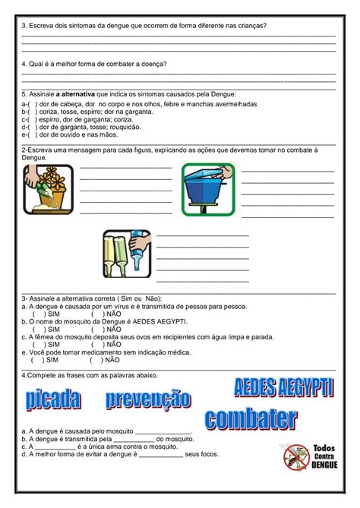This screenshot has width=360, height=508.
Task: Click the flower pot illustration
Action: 48,188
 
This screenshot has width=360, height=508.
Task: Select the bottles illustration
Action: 127,253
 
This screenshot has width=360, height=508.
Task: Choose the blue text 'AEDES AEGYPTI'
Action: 283,388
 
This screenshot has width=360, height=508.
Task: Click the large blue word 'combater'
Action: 251,418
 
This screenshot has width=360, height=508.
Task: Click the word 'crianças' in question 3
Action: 250,25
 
